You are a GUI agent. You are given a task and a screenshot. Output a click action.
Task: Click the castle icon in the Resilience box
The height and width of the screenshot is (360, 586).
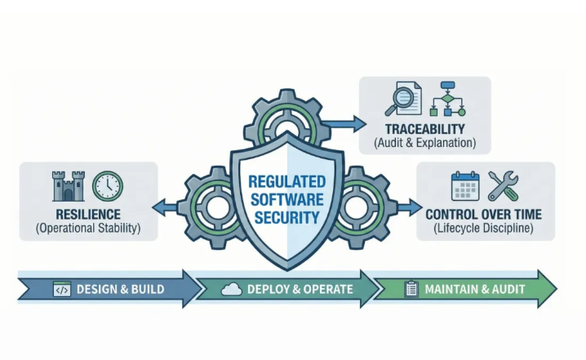(x=68, y=187)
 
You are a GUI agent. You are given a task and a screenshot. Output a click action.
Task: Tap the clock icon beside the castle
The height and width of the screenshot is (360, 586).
(x=107, y=186)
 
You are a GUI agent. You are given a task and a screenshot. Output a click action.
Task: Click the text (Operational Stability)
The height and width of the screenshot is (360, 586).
(x=88, y=229)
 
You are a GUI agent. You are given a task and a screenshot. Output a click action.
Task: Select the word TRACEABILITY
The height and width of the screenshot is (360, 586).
(x=427, y=129)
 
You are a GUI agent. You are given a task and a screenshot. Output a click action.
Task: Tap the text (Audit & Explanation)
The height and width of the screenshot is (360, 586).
(x=427, y=143)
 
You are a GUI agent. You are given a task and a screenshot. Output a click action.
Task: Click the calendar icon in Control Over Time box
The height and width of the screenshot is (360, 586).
(x=466, y=186)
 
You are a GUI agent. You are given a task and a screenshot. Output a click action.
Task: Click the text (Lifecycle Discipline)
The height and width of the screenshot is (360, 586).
(x=485, y=229)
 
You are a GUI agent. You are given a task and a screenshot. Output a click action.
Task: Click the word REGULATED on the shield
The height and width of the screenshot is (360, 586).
(x=286, y=180)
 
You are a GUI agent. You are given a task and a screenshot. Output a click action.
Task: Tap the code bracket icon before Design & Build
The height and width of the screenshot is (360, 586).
(x=61, y=290)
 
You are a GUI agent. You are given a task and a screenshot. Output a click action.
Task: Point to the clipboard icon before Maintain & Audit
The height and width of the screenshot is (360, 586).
(x=411, y=290)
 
